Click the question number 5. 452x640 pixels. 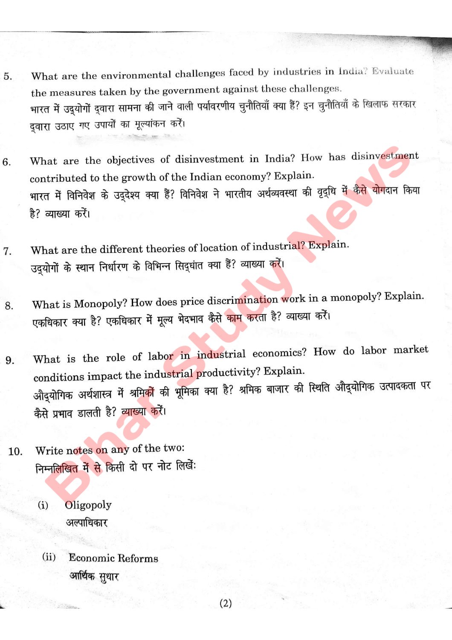[x=8, y=77]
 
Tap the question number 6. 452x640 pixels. [x=7, y=162]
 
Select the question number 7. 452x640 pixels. [x=7, y=251]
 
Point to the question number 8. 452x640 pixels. [x=9, y=305]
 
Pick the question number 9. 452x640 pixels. [x=10, y=361]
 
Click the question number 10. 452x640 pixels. [x=15, y=451]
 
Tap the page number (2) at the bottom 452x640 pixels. [x=226, y=603]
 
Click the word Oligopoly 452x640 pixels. [x=88, y=505]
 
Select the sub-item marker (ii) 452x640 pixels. [x=49, y=557]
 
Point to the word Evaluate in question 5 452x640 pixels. [x=392, y=71]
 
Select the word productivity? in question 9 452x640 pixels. [x=228, y=372]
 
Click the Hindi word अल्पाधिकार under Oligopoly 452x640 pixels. [x=87, y=522]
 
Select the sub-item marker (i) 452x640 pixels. [x=43, y=505]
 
